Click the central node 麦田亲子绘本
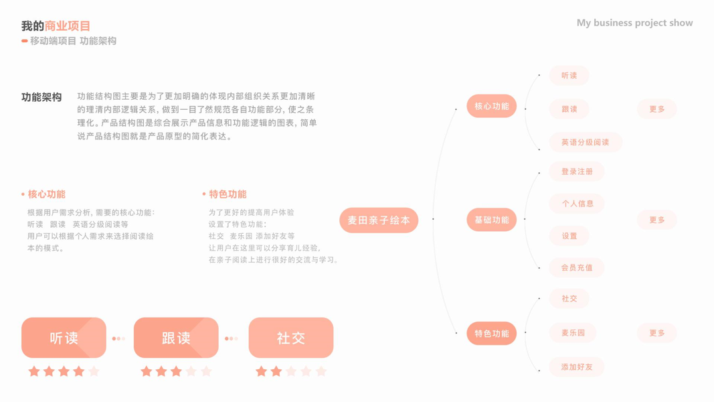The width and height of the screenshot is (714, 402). click(379, 220)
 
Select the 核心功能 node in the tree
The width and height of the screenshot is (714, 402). click(491, 107)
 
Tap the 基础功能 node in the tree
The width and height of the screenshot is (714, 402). click(491, 220)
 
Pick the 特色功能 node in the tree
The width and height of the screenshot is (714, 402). click(491, 334)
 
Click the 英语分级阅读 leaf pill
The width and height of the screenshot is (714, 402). click(586, 142)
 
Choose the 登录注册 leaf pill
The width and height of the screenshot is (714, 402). click(577, 172)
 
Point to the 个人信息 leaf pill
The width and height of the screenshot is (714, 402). click(577, 204)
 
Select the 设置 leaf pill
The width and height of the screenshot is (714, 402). click(569, 236)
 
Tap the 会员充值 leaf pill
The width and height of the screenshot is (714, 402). click(577, 268)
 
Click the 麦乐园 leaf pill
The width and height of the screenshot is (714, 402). click(573, 333)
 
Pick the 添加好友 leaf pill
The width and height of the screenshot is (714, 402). click(577, 367)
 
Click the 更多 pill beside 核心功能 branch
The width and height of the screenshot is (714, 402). click(656, 109)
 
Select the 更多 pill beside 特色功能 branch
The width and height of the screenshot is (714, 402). click(656, 333)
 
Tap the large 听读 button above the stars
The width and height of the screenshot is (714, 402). click(64, 338)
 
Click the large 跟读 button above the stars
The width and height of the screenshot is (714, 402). click(176, 338)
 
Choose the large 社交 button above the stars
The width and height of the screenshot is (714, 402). click(291, 338)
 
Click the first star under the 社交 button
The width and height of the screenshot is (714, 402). click(262, 371)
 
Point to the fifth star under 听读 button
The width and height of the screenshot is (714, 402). click(94, 371)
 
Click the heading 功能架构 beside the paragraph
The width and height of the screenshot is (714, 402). click(41, 97)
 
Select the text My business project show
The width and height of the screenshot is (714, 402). click(634, 23)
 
